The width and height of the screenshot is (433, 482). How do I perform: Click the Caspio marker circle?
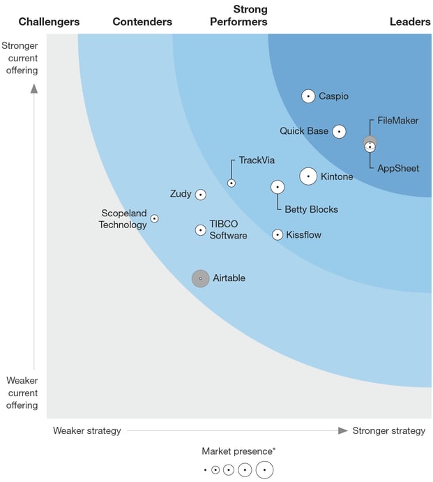[x=308, y=96]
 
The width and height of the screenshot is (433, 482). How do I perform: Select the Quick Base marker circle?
[x=339, y=131]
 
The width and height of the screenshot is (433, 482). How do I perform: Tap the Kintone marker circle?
[x=309, y=176]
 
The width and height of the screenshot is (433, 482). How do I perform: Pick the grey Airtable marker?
[x=200, y=278]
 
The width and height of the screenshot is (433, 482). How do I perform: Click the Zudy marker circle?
[x=201, y=195]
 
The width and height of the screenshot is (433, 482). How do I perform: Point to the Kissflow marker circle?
[x=278, y=235]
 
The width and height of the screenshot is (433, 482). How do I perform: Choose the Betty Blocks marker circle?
[x=278, y=187]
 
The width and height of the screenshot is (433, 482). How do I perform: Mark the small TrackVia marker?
[x=231, y=183]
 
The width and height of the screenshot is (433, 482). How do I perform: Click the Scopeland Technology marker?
[x=155, y=218]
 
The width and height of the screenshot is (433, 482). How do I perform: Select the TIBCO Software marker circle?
[x=201, y=229]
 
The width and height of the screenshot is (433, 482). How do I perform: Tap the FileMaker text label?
[x=398, y=121]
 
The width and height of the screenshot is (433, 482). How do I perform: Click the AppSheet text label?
[x=398, y=168]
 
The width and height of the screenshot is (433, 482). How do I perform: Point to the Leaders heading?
[x=410, y=22]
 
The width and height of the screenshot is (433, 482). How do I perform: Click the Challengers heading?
[x=49, y=22]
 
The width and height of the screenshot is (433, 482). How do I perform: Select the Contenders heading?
[x=142, y=22]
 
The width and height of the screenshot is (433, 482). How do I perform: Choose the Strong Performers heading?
[x=239, y=16]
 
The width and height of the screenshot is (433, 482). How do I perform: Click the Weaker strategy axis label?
[x=87, y=430]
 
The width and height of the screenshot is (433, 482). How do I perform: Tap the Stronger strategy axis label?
[x=388, y=430]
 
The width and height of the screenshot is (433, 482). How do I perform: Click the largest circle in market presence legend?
[x=264, y=470]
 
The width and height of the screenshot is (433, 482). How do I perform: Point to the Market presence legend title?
[x=238, y=451]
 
